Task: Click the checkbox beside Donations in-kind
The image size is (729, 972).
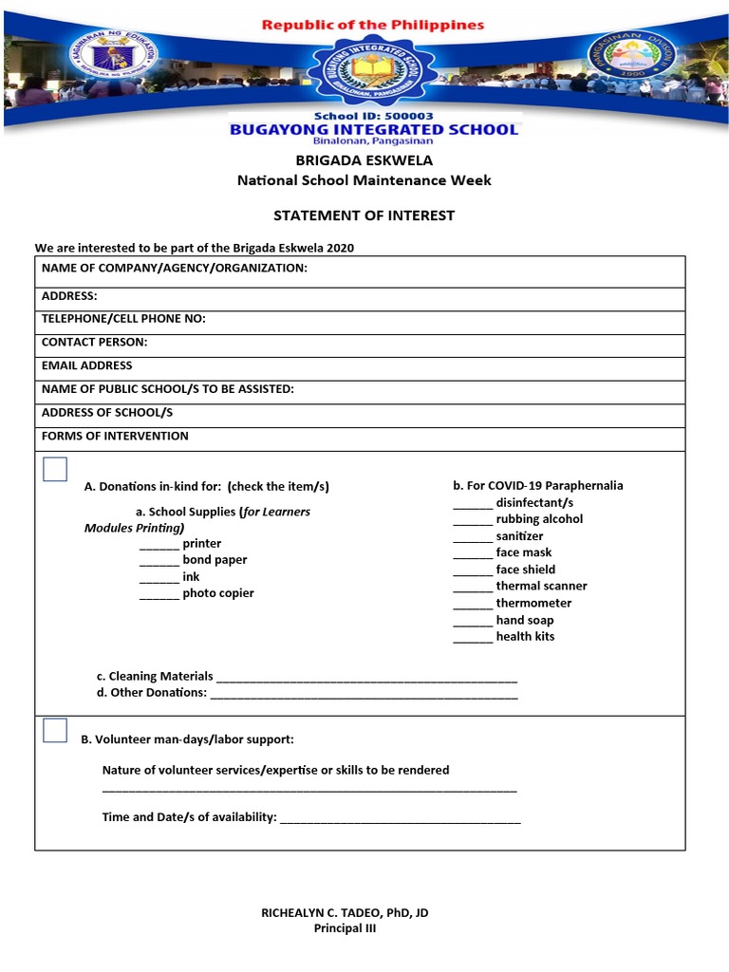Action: pos(55,469)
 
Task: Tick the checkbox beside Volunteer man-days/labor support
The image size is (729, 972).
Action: pos(55,730)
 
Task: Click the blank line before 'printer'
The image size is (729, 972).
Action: pos(159,545)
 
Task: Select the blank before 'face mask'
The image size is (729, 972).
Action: pos(472,553)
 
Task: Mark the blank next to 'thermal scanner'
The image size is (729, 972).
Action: pos(472,588)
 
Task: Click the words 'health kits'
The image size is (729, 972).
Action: pos(525,636)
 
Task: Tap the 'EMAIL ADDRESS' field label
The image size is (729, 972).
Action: pos(87,365)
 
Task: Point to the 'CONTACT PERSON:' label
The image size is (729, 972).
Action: pos(95,342)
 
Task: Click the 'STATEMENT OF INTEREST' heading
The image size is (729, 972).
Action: pos(364,215)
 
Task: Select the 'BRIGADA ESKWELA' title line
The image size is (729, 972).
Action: pos(364,160)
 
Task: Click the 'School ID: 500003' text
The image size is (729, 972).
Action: pos(373,116)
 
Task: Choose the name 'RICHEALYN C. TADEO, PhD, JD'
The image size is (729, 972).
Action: pos(345,912)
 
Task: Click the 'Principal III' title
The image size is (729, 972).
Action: pos(345,928)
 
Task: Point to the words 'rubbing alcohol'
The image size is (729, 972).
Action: pos(539,519)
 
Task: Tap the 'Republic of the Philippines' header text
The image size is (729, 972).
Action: pos(373,25)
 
